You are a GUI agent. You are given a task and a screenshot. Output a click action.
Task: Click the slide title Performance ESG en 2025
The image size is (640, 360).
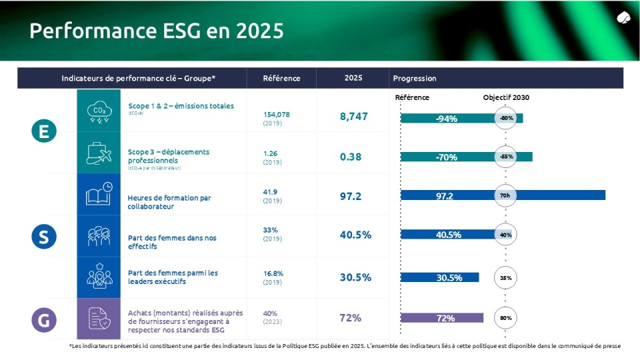pos(157,31)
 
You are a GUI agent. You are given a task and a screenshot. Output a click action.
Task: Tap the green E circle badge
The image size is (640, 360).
pos(44,131)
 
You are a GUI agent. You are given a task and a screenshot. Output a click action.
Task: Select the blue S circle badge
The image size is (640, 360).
pos(44,236)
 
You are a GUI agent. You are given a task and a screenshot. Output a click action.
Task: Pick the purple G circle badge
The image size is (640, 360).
pos(44,320)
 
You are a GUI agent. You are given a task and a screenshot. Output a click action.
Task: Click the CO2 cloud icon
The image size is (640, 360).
pos(99,111)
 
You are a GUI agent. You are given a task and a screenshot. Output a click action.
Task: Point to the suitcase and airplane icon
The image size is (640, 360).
pos(99,153)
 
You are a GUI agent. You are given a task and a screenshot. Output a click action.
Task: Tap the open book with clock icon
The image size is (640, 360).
pos(99,194)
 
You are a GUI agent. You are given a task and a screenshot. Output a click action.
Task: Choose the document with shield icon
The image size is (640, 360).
pos(99,319)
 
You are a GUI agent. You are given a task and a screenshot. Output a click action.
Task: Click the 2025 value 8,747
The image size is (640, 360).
pos(353,116)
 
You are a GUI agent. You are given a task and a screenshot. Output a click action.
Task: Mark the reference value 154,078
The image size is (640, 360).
pos(277,115)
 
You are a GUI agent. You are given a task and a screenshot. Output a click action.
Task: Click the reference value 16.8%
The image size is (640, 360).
pos(273,273)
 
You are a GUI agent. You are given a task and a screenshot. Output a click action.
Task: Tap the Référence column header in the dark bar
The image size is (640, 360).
pos(281,78)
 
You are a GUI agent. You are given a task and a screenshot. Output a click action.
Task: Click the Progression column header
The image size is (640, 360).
pos(415,78)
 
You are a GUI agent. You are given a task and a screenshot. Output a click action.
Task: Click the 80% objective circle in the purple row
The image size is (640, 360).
pos(506,318)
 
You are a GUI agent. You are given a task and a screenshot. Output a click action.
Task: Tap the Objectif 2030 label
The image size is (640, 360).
pos(506,97)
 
